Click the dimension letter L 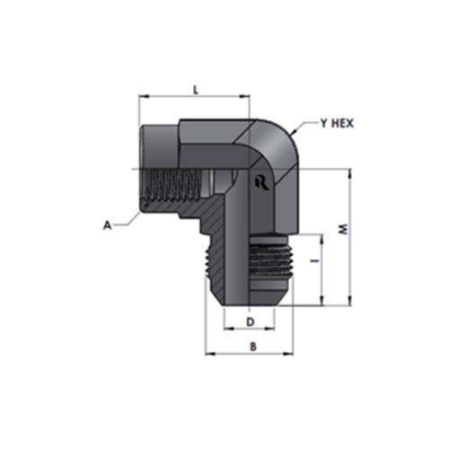click(x=196, y=90)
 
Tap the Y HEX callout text click(x=337, y=123)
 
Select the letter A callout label click(x=107, y=225)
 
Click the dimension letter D click(x=250, y=322)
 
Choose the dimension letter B click(x=253, y=347)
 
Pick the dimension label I click(x=314, y=260)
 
